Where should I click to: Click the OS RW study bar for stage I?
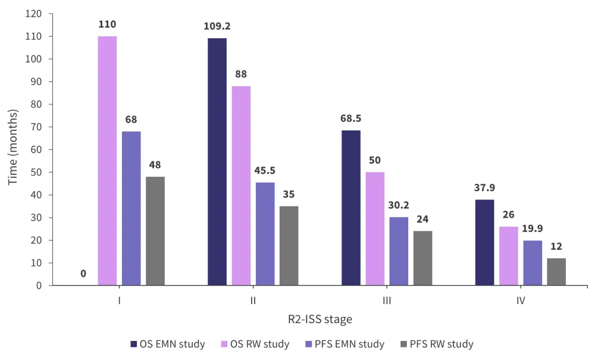point(107,161)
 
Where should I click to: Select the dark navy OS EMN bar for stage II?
point(217,162)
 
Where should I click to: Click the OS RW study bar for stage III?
point(375,228)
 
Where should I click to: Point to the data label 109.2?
point(217,27)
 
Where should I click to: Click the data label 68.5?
point(350,118)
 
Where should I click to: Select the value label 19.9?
point(532,229)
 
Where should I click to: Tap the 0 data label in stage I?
point(83,274)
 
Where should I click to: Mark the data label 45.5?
point(265,171)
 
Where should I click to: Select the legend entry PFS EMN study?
point(350,344)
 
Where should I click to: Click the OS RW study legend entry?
point(261,344)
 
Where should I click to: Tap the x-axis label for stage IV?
point(521,301)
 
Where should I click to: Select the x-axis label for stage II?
point(253,301)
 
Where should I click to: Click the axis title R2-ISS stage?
point(320,320)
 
